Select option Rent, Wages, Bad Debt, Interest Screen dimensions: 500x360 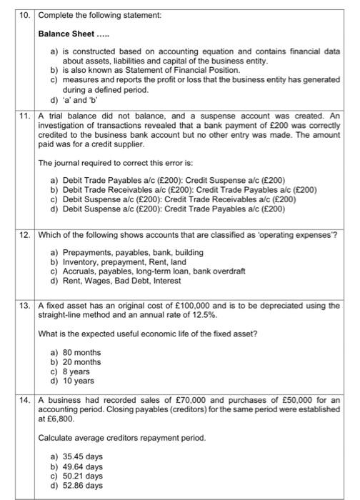coord(121,289)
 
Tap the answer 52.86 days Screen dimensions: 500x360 coord(82,485)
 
